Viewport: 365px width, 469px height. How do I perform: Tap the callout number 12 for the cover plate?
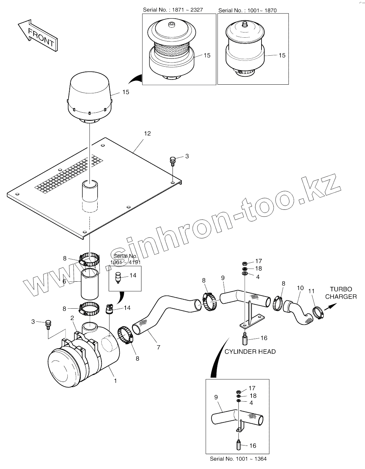(x=147, y=133)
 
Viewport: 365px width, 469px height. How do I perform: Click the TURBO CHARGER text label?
(x=341, y=293)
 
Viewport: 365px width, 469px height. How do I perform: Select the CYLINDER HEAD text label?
(x=250, y=351)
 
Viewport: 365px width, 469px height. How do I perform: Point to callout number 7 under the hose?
(x=158, y=347)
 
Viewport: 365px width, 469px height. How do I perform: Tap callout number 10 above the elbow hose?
(x=300, y=288)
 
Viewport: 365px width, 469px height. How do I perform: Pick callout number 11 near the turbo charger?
(x=311, y=291)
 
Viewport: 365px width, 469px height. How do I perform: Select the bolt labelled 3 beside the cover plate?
(x=173, y=160)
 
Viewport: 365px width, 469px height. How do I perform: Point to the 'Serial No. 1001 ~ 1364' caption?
(x=238, y=459)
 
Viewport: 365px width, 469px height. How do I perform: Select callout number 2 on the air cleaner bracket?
(x=72, y=318)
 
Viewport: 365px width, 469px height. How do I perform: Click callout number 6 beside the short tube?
(x=64, y=281)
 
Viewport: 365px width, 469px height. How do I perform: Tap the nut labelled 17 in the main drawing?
(x=245, y=263)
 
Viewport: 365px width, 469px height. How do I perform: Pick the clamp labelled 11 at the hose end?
(x=318, y=313)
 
